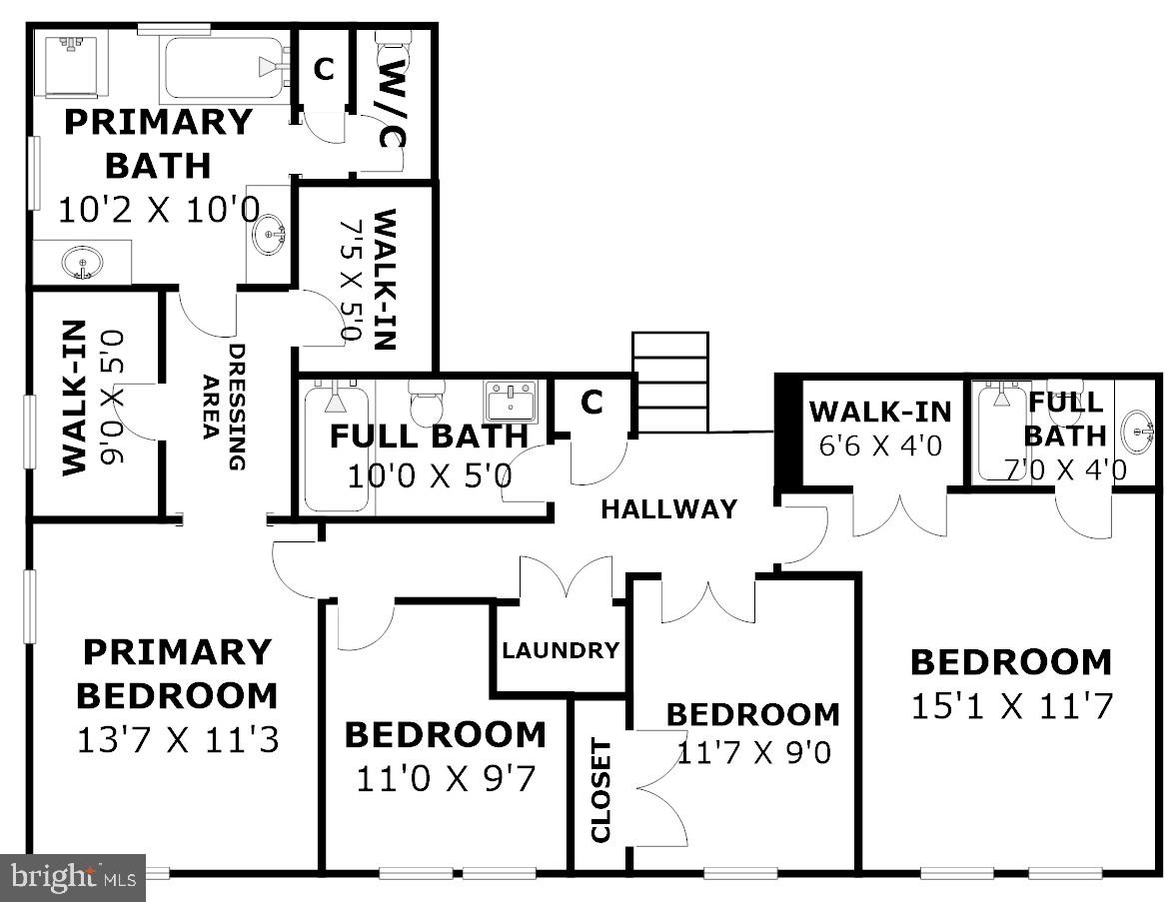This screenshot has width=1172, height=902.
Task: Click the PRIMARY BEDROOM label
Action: [177, 673]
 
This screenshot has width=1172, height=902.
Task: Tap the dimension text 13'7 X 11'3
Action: [177, 740]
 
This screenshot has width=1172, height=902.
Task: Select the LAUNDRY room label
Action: [561, 650]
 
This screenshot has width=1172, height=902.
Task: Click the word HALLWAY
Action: [668, 509]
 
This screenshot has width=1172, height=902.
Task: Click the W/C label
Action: [392, 103]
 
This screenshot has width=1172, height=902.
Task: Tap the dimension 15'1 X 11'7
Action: [1011, 706]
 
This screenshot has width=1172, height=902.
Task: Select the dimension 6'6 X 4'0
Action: [880, 446]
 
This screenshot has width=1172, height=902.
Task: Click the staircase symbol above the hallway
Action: [670, 383]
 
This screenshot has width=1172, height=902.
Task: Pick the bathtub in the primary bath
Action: [225, 68]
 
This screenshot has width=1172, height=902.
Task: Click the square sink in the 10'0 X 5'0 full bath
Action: [511, 401]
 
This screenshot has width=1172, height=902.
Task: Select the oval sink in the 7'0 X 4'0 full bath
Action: [1137, 432]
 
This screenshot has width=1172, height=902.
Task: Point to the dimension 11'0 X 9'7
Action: [446, 778]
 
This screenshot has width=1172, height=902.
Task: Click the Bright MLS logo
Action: [73, 878]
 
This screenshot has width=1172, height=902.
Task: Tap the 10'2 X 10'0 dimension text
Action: [159, 210]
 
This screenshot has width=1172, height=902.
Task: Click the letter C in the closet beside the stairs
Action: [592, 403]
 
